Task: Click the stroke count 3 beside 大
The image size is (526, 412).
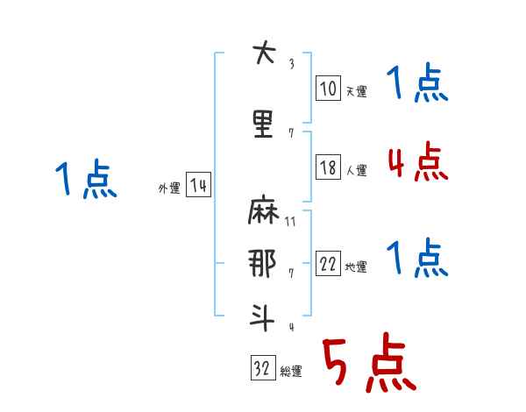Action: [291, 64]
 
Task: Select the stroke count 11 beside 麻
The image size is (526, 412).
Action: [290, 223]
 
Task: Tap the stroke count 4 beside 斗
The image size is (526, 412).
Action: [291, 327]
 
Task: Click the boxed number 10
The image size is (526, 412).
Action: [328, 88]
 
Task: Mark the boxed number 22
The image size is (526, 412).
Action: [328, 265]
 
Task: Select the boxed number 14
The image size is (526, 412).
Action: [198, 186]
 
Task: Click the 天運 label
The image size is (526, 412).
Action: [356, 91]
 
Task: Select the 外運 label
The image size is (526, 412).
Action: [169, 188]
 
